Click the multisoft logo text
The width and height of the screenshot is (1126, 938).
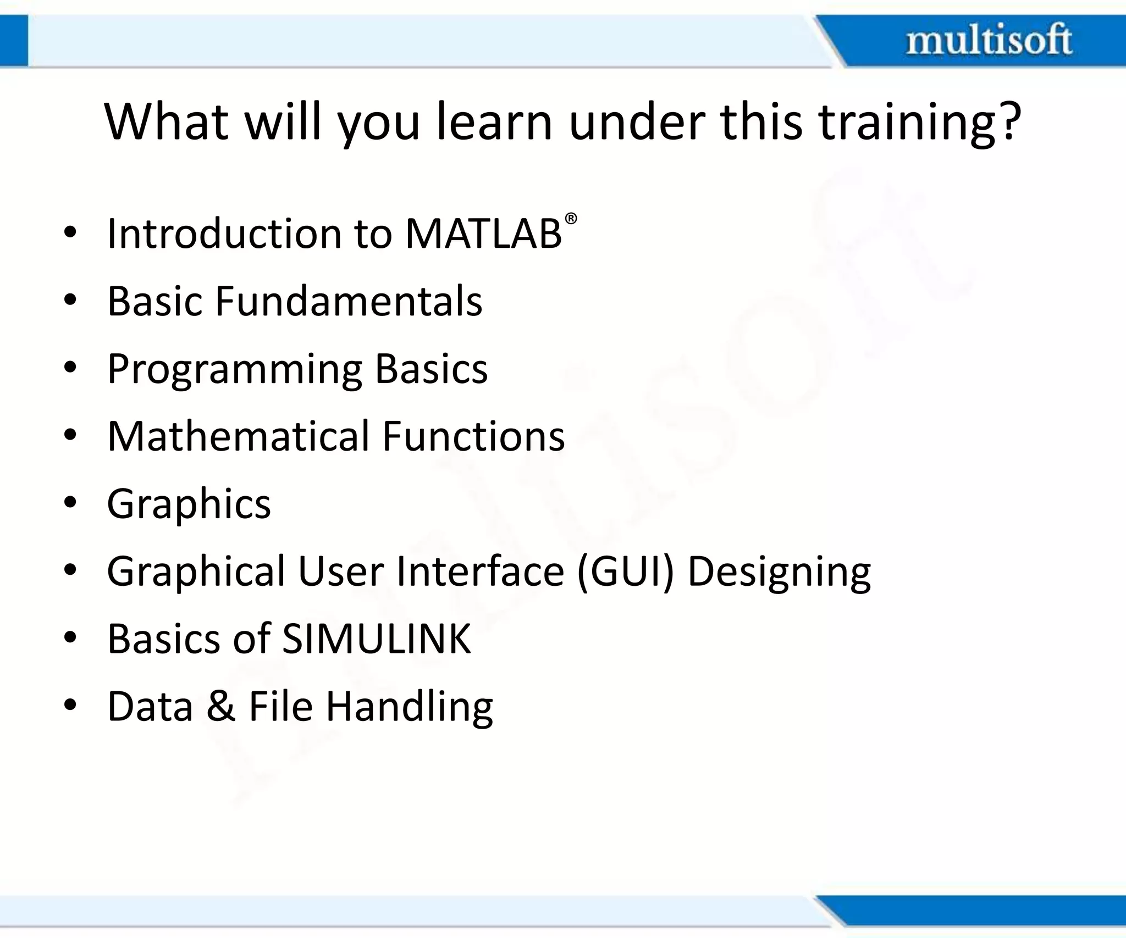(989, 40)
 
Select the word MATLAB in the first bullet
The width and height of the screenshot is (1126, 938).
(483, 234)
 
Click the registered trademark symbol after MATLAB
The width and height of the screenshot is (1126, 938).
(571, 219)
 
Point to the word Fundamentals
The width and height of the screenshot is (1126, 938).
(349, 301)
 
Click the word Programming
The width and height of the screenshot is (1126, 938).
(235, 369)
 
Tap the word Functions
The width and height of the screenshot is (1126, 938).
(473, 436)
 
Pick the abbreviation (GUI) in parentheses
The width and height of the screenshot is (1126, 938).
(625, 571)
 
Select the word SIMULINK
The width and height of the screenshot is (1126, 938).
(377, 639)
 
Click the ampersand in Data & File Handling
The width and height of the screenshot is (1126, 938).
(221, 706)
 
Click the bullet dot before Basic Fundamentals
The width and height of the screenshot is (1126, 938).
(69, 301)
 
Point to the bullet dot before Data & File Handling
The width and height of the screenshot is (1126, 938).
(69, 705)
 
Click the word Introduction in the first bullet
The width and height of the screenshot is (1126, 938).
(224, 234)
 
